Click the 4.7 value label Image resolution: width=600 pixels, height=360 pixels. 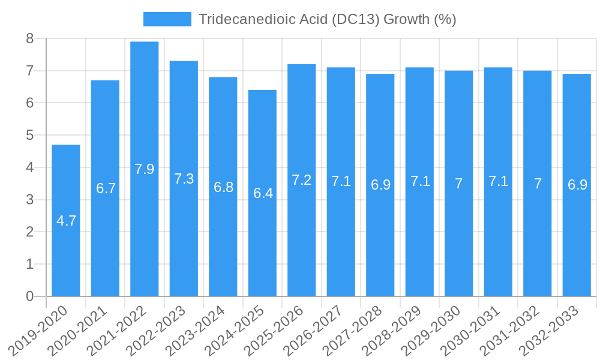66,221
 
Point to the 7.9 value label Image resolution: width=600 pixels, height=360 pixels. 145,169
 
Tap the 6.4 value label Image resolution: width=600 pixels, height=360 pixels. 263,193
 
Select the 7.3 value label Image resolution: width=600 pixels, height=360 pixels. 184,179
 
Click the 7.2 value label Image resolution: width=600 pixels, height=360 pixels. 302,180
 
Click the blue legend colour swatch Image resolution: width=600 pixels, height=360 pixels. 167,19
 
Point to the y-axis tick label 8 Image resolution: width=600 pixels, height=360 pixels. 29,39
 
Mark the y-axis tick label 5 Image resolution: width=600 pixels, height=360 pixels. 29,136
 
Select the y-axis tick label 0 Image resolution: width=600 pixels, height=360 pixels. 29,296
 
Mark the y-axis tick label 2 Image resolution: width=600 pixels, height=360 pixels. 29,232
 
